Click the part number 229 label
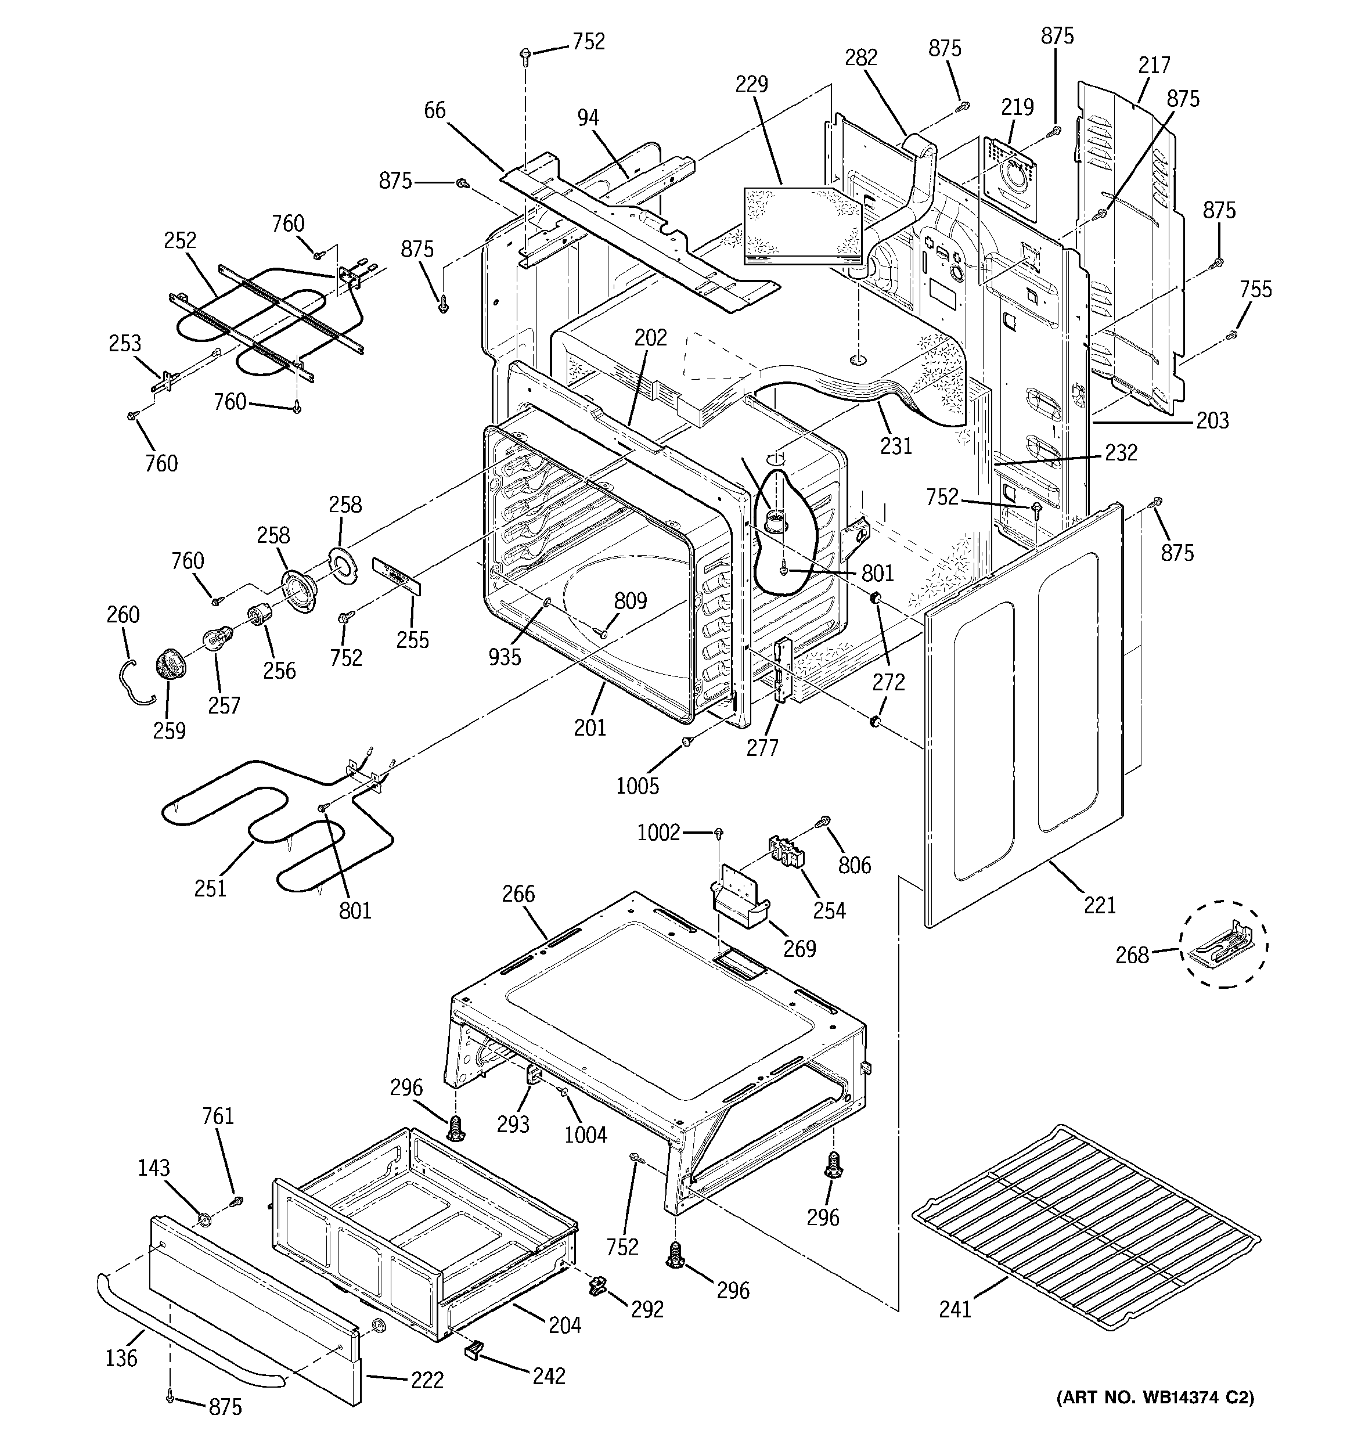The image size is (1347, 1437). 751,85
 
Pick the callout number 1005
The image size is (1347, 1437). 637,786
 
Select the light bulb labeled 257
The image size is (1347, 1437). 216,638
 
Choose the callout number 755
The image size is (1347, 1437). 1255,290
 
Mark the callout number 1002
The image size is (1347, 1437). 658,833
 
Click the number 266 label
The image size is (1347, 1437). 518,894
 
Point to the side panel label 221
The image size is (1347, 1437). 1099,904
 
